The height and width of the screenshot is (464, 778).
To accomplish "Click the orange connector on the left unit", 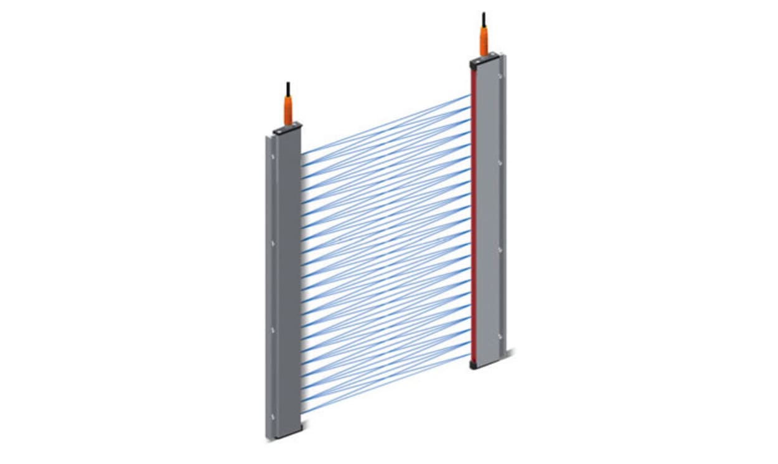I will pos(288,110).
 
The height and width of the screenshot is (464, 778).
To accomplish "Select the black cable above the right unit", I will pos(483,19).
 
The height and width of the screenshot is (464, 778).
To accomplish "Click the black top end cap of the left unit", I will pos(287,128).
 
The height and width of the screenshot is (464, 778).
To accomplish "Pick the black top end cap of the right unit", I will pos(484,59).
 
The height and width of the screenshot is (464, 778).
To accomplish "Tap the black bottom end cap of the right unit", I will pos(473,365).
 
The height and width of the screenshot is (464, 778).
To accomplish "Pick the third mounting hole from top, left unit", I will pos(271,329).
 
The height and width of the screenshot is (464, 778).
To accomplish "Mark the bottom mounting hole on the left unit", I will pos(271,416).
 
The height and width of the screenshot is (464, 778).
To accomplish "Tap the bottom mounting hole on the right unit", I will pos(499,336).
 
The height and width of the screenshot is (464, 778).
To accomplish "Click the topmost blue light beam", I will pos(386,125).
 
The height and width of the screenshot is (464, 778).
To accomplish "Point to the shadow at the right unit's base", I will pos(512,354).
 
